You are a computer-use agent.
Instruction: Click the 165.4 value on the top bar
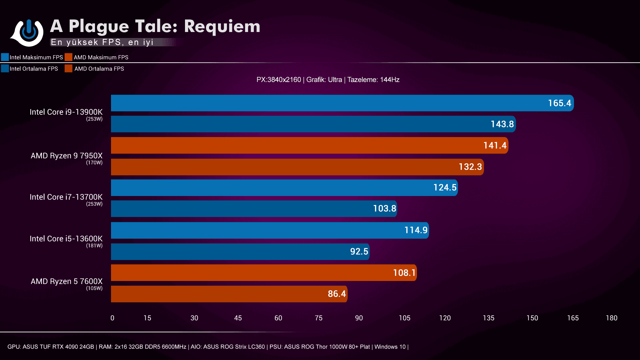559,103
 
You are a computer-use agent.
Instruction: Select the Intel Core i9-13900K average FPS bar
313,124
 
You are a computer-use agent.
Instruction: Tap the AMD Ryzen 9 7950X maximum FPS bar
309,145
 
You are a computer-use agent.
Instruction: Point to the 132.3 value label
470,167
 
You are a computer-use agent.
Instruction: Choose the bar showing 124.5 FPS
284,188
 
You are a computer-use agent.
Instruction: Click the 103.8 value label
384,209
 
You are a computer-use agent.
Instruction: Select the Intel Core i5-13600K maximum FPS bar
270,230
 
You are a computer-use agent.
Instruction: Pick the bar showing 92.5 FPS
240,252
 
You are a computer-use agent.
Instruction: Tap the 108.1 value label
404,273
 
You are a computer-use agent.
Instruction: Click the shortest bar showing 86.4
229,294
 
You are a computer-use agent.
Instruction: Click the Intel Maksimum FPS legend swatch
5,57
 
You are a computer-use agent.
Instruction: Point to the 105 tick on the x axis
404,318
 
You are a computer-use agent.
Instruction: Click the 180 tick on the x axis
611,318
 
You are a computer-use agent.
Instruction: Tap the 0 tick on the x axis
112,318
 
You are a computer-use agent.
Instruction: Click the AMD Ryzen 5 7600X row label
67,281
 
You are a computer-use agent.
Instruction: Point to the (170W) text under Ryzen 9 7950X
94,163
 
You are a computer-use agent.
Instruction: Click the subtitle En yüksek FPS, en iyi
102,42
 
